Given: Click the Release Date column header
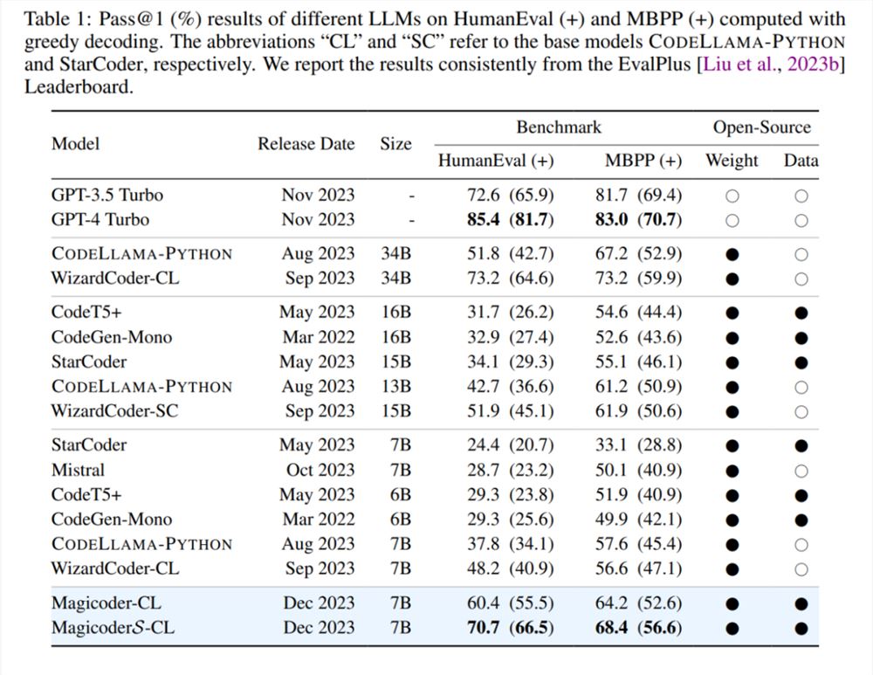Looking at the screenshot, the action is [306, 144].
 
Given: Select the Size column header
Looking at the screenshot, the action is [395, 144].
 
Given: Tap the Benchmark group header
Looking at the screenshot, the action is [559, 127].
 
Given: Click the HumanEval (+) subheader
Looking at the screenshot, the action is [496, 161].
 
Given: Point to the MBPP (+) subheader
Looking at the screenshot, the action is [643, 161].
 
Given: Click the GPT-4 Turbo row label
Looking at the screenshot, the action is [100, 219].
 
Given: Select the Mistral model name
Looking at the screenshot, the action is [78, 470].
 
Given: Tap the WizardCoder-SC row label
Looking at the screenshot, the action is [114, 411].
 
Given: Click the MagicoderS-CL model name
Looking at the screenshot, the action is [113, 628].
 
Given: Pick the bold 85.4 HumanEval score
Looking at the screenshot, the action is [484, 219].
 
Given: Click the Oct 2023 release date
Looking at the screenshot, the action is [320, 470].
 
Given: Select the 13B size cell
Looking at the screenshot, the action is [396, 387].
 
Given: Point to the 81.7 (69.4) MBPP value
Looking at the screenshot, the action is [639, 195].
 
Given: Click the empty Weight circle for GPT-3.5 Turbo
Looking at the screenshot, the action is [732, 196].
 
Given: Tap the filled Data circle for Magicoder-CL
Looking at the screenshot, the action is [801, 603].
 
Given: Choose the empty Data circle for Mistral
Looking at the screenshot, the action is [801, 472].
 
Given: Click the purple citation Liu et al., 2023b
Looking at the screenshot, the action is [771, 64].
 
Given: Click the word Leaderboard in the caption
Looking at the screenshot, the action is [79, 86].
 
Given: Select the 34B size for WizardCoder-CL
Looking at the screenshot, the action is [396, 278].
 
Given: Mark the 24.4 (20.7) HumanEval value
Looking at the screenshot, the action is [511, 445].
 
